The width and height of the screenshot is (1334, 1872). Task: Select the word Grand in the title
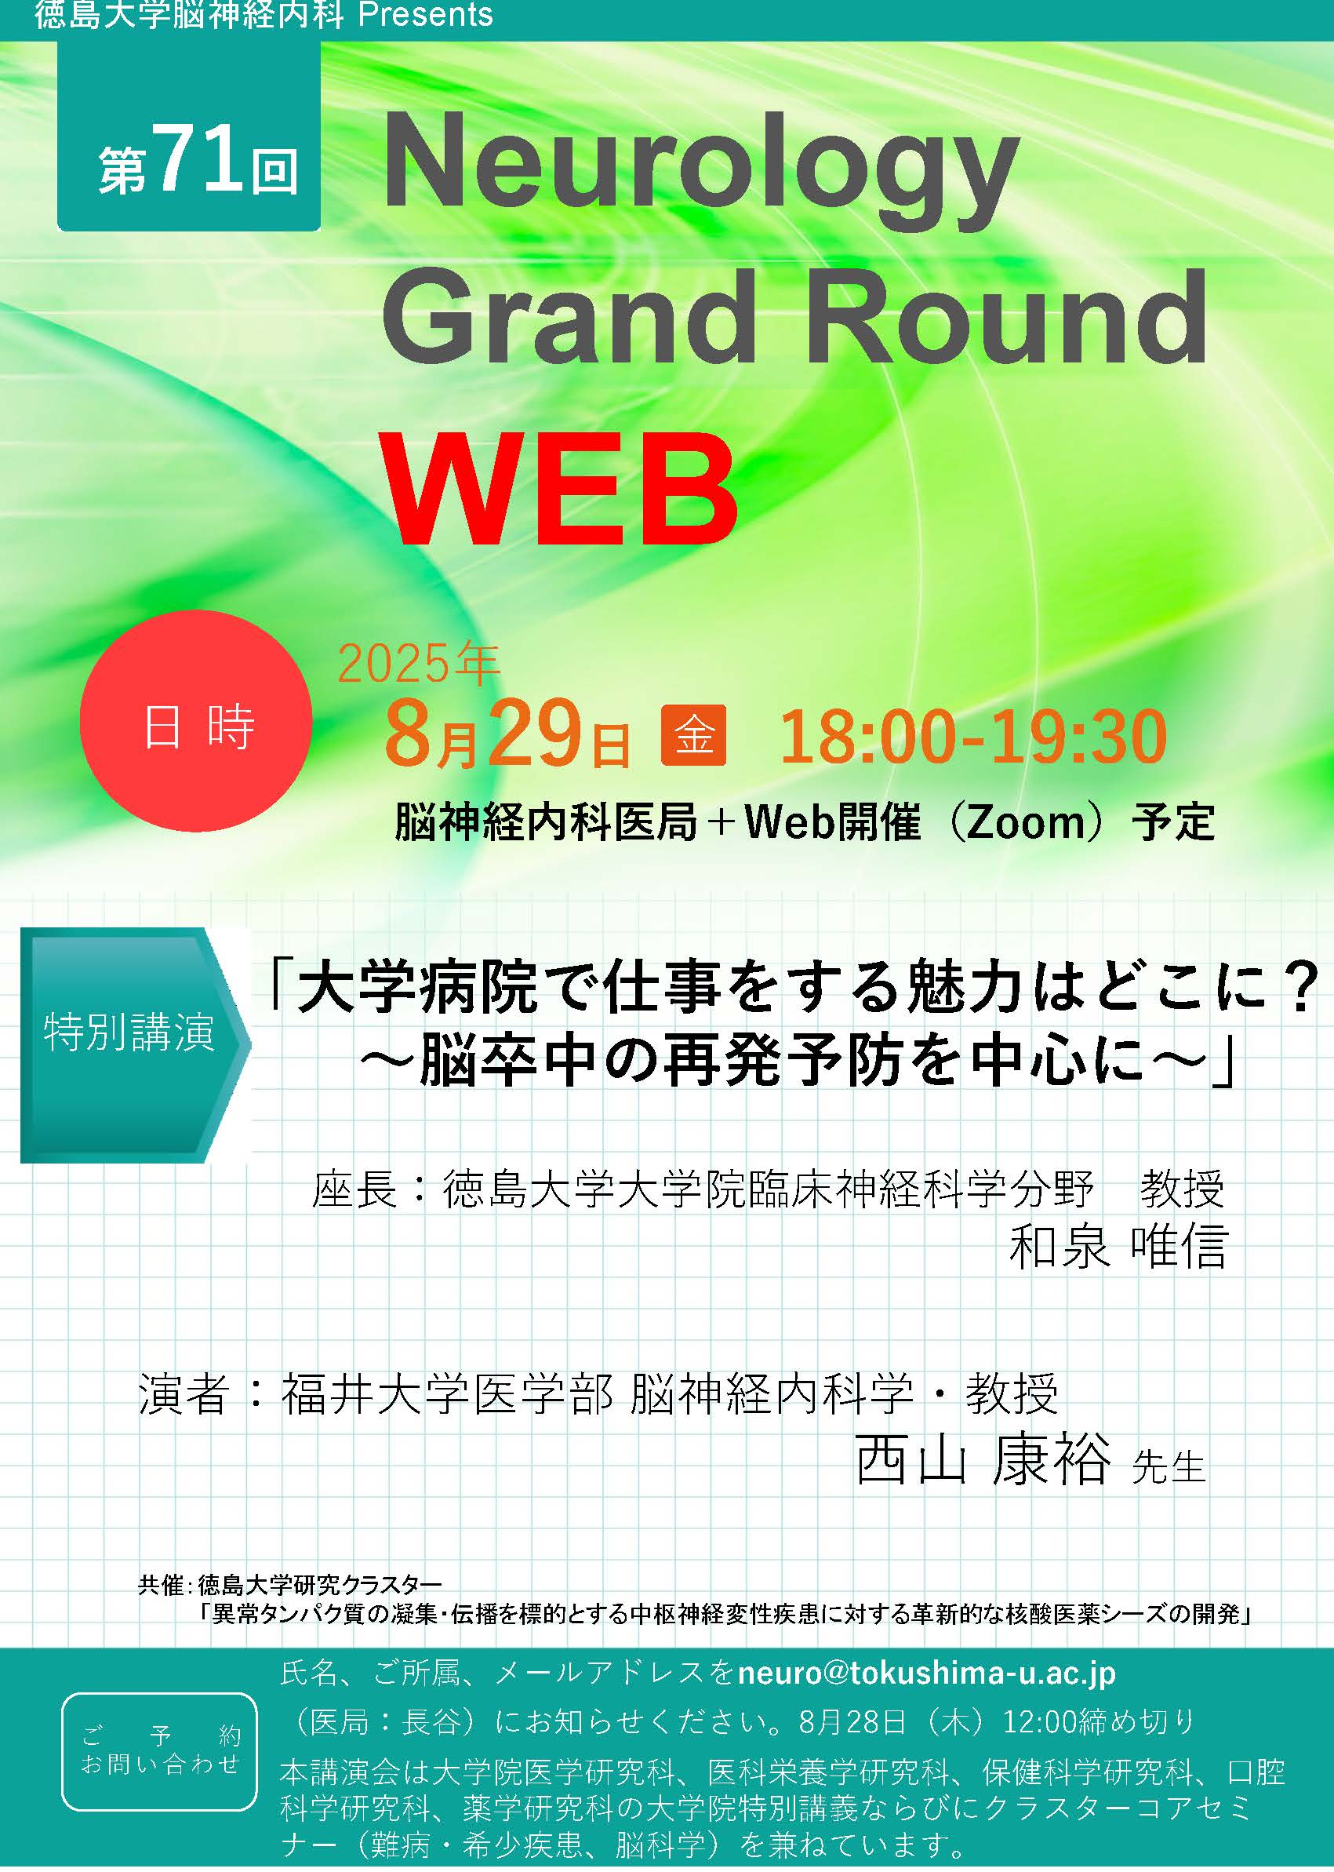coord(569,318)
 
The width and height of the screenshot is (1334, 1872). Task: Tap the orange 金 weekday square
coord(694,734)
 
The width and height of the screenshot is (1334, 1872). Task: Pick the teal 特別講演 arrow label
coord(134,1045)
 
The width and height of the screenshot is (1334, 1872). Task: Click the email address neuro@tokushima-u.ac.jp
coord(926,1674)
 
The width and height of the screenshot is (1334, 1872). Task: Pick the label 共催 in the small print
coord(161,1585)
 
